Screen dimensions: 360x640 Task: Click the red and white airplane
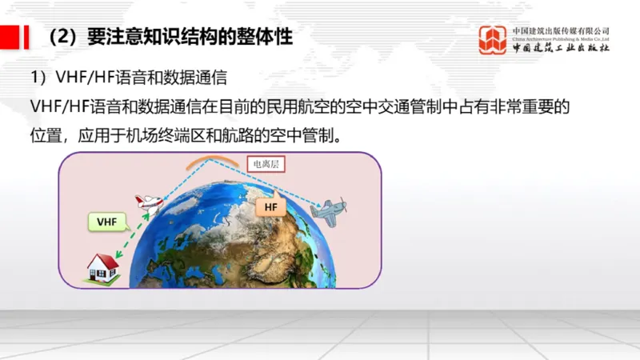[148, 202]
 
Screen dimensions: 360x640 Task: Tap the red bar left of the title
[10, 37]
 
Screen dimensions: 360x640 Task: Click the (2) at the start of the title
[62, 37]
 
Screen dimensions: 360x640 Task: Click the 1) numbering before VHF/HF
[40, 78]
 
